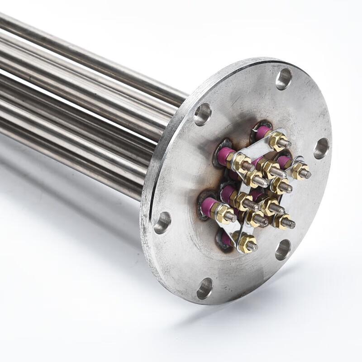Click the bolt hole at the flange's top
point(284,79)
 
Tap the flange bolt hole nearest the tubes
point(202,114)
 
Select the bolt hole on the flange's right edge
point(321,148)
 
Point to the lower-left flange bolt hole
point(162,223)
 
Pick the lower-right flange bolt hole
point(283,249)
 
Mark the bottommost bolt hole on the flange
point(205,288)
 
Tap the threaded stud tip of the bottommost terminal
point(252,247)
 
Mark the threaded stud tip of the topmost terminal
point(285,144)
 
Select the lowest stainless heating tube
point(68,167)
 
